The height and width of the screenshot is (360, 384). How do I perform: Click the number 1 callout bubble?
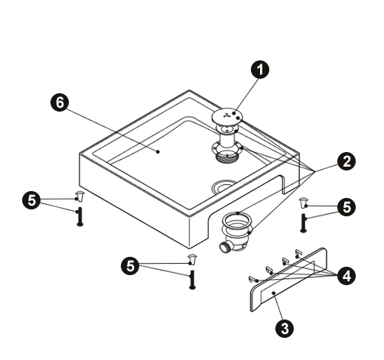coord(260,70)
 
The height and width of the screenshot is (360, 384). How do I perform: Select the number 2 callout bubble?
coord(347,162)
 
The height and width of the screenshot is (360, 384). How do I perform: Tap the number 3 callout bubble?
coord(285,329)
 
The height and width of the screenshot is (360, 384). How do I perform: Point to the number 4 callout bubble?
coord(347,276)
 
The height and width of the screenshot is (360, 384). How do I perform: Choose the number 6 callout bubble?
coord(60,102)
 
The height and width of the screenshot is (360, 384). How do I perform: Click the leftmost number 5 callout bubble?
coord(31,200)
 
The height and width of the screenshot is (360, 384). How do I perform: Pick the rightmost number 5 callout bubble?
coord(347,207)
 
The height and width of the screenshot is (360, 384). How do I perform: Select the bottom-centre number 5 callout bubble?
coord(130,266)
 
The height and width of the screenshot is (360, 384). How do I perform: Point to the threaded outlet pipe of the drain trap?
coord(224,248)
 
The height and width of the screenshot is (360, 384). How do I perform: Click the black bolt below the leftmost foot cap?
coord(80,216)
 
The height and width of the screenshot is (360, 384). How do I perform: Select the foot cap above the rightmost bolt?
coord(303,203)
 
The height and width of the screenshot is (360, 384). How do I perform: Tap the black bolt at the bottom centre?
coord(193,280)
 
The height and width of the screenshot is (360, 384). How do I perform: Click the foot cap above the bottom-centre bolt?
coord(192,259)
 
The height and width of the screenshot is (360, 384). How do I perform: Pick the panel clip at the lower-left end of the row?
coord(252,279)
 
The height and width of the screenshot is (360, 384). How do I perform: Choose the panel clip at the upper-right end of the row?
coord(298,253)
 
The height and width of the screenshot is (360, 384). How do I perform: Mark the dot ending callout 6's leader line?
coord(158,151)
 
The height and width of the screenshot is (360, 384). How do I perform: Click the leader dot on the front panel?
coord(274,293)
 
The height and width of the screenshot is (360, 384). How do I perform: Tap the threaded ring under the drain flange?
coord(227,158)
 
